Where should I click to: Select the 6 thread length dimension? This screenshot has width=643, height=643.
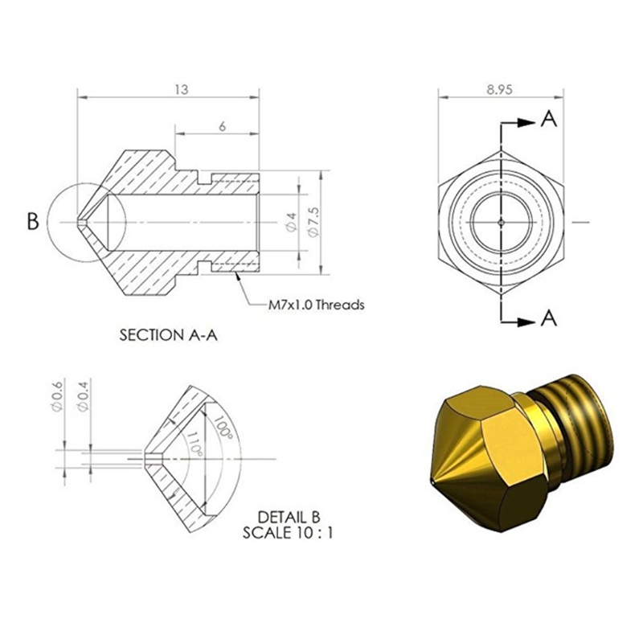pos(220,126)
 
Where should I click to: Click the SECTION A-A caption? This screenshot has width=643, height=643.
pos(167,335)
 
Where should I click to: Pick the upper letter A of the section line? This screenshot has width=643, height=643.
pos(548,120)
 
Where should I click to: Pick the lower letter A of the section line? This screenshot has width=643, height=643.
pos(548,318)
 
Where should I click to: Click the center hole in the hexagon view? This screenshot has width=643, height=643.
pos(500,220)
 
